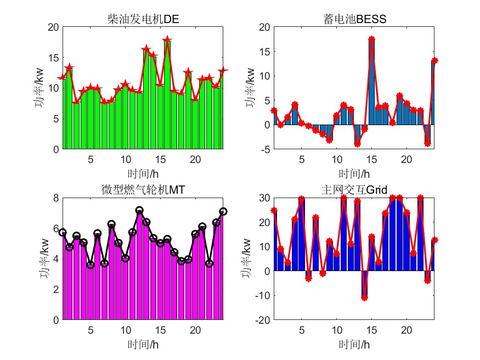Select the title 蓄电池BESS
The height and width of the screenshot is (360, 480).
tap(355, 20)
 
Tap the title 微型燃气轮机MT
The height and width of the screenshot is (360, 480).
tap(143, 190)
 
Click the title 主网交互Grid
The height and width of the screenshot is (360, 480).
tap(354, 190)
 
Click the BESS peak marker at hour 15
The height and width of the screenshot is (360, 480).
tap(371, 39)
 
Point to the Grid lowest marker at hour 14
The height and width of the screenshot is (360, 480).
tap(364, 298)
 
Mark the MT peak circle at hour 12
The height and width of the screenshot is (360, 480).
tap(139, 210)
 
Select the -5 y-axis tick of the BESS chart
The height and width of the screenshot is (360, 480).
tap(264, 149)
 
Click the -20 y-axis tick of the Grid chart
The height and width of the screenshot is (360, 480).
tap(262, 320)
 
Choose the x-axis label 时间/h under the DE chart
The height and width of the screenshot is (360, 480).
tap(143, 174)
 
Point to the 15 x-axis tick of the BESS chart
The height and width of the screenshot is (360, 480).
tap(371, 159)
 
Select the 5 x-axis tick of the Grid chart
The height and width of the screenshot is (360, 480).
tap(301, 330)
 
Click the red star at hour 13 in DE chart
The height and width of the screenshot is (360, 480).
tap(146, 50)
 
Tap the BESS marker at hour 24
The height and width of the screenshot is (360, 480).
tap(434, 61)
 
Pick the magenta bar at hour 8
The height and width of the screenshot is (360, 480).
tap(111, 274)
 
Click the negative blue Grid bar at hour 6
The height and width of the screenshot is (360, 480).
tap(308, 275)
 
